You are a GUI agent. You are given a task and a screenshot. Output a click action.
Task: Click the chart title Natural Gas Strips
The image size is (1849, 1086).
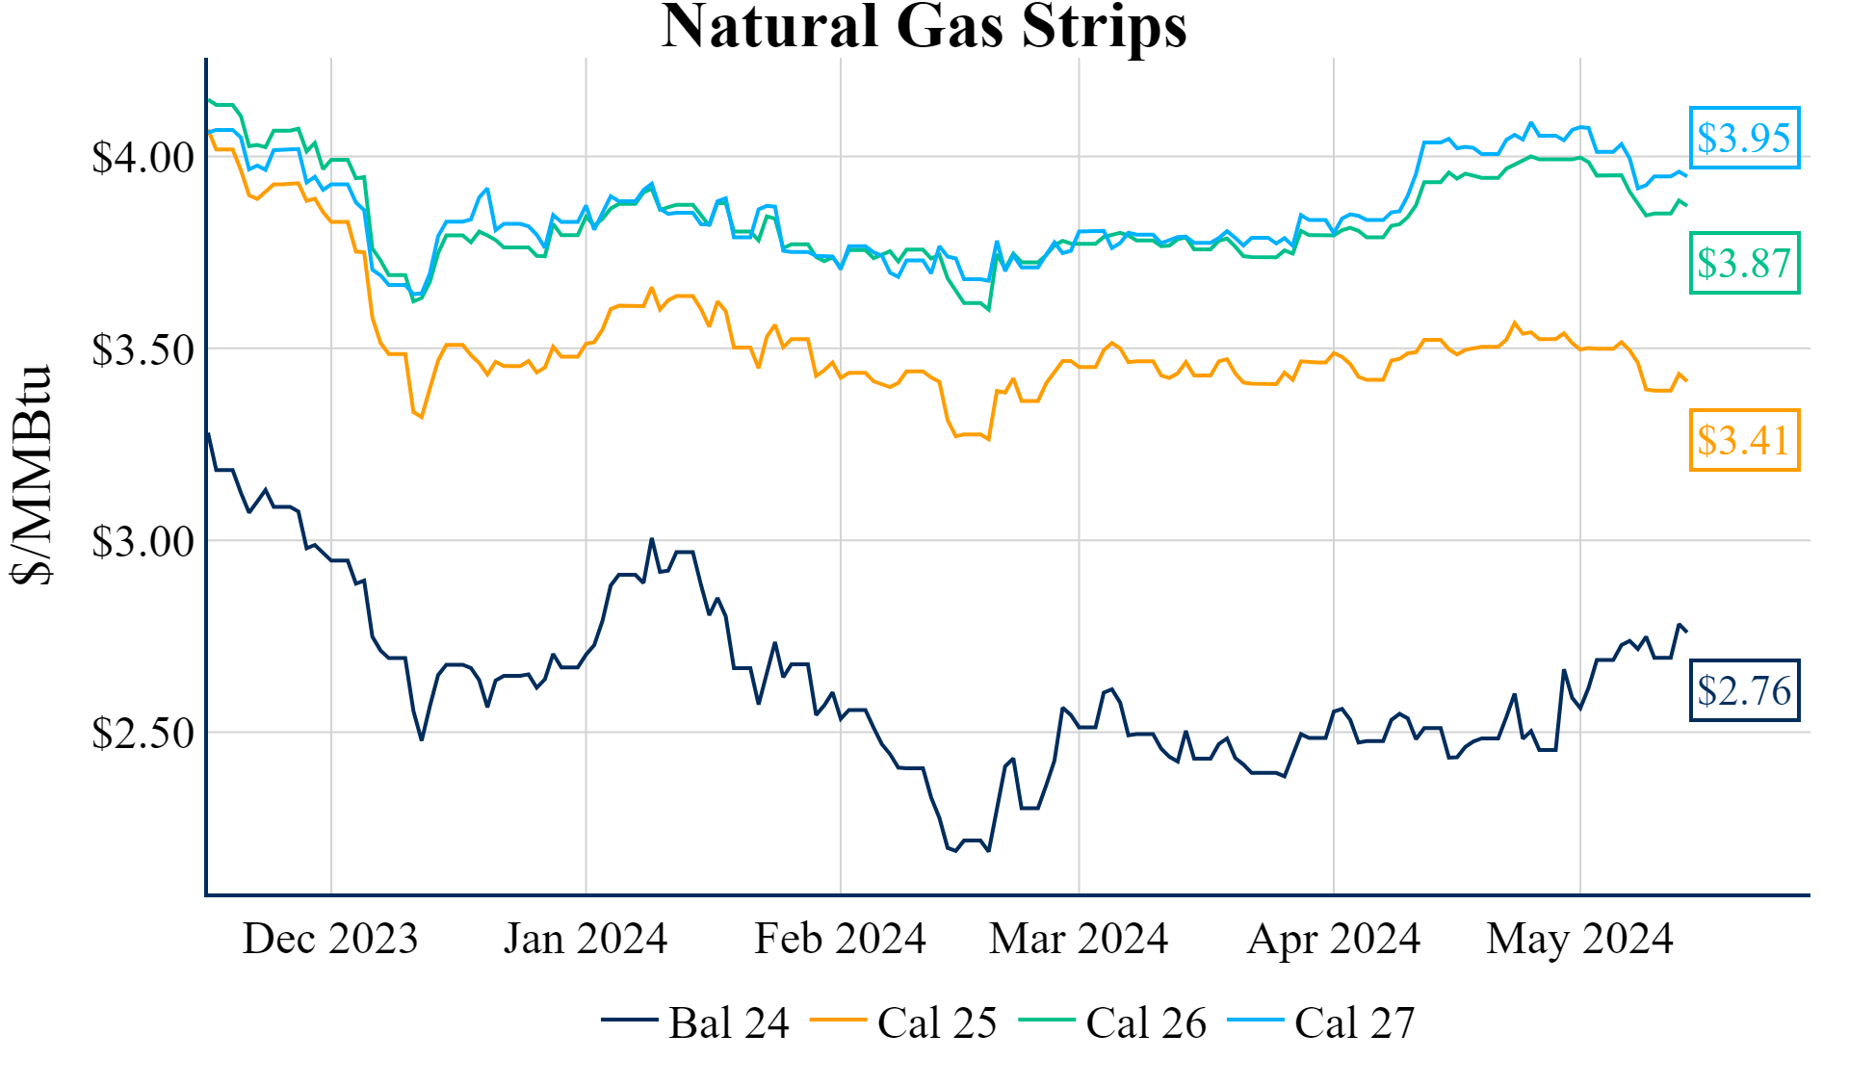924,26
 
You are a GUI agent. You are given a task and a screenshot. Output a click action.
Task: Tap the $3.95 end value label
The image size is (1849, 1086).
1744,138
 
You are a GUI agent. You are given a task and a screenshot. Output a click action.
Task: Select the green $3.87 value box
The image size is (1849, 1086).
1744,263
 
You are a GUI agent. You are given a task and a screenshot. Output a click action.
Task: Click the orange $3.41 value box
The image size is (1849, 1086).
1744,440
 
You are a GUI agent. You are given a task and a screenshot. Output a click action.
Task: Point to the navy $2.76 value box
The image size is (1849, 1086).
1744,690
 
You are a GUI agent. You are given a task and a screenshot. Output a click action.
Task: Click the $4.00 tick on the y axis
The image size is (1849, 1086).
143,157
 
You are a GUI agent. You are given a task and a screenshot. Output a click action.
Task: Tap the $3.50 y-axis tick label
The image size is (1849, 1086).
143,349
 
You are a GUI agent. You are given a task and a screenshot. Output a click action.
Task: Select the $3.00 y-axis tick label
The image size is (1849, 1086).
143,541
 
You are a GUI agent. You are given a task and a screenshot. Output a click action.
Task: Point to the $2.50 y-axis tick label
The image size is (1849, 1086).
143,733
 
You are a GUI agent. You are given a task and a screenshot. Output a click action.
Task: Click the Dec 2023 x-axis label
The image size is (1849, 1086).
330,939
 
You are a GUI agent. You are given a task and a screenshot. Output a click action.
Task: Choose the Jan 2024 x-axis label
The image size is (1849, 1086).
586,939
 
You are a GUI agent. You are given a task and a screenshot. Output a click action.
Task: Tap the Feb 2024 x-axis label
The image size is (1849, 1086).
840,939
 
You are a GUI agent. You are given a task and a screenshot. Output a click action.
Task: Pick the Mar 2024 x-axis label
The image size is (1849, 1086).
1079,939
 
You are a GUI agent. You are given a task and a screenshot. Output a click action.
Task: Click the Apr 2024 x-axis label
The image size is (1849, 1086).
1334,939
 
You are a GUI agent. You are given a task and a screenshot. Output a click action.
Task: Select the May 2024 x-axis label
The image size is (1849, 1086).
1579,939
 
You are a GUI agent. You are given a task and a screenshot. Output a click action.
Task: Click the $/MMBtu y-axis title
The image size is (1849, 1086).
32,475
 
